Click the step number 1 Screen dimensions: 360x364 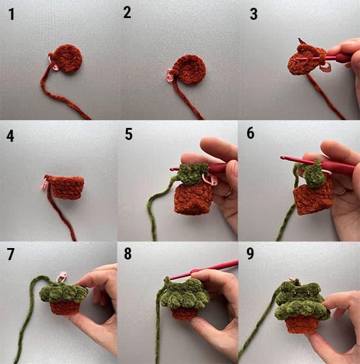tap(11, 14)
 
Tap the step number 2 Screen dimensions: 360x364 tap(127, 13)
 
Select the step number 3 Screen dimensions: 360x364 tap(254, 14)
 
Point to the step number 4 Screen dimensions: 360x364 tap(10, 136)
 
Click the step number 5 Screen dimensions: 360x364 tap(129, 134)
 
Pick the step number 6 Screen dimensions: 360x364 tap(251, 133)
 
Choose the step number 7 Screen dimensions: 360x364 tap(11, 255)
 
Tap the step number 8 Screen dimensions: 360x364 tap(128, 253)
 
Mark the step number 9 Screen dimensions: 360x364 tap(250, 253)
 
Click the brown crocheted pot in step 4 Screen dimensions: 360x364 tap(67, 187)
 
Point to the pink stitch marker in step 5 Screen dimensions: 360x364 tap(210, 180)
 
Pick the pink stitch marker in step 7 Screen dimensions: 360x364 tap(62, 276)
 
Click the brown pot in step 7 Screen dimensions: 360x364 tap(65, 308)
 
